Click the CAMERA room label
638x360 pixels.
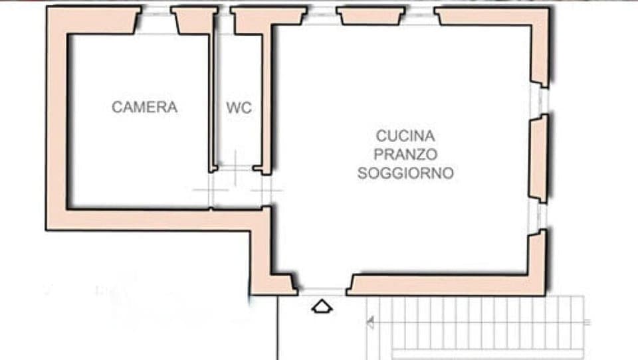[x=144, y=107]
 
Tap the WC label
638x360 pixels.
[x=239, y=108]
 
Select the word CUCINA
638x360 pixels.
[x=405, y=136]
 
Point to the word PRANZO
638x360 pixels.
[x=405, y=155]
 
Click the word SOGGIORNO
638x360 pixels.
[x=405, y=173]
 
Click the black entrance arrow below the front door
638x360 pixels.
[x=322, y=306]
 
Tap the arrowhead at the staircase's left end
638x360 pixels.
[x=370, y=323]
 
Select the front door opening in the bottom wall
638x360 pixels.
[x=322, y=290]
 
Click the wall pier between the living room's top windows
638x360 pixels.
[x=371, y=15]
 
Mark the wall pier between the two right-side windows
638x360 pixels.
[x=538, y=159]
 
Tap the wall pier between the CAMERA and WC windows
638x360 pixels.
[x=194, y=20]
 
